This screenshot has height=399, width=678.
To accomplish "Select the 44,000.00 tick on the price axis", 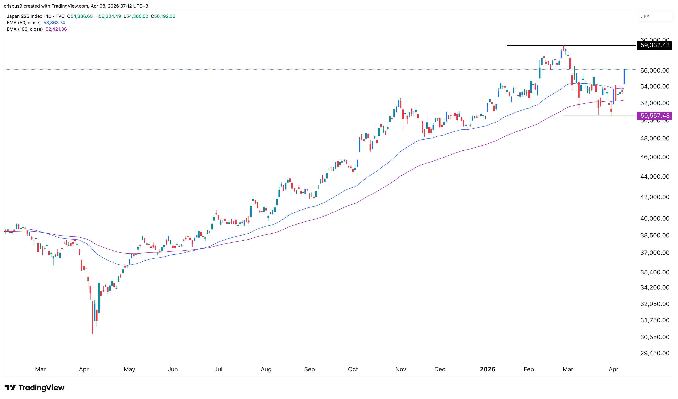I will click(x=655, y=177).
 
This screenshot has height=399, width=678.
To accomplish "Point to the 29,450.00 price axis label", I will click(x=655, y=353).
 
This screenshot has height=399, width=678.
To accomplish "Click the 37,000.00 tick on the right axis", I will click(x=655, y=253).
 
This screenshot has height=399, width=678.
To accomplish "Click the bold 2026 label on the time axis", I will click(x=487, y=369).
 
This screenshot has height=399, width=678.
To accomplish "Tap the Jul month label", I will click(x=218, y=369).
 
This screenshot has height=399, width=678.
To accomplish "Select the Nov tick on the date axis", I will click(x=400, y=369).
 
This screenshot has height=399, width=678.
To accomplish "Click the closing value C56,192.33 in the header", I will click(x=163, y=16).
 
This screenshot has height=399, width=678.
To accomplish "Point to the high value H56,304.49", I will click(x=108, y=16).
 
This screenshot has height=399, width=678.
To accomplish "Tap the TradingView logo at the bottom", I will click(x=35, y=387).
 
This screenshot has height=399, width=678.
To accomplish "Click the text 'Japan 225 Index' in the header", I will click(x=24, y=16).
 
